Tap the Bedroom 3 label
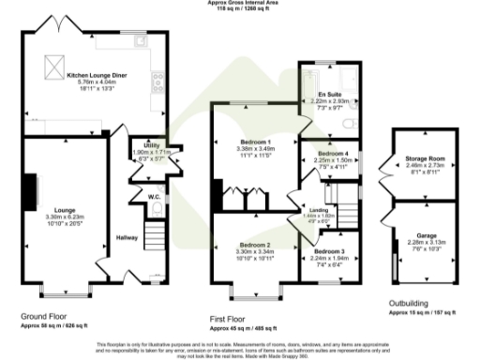point(329,252)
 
